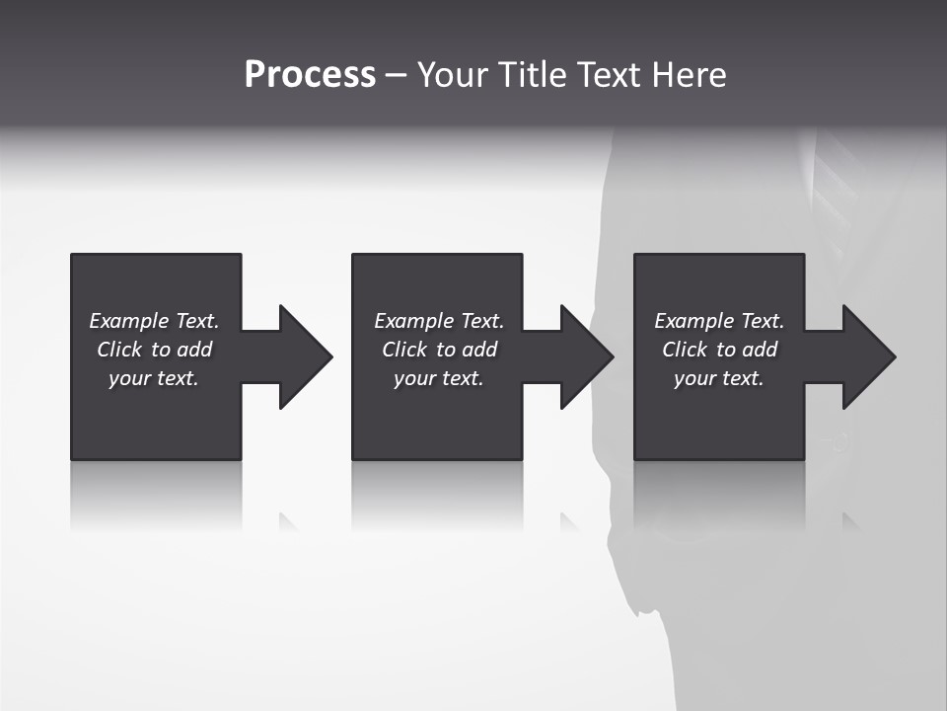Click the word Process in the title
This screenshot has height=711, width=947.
point(310,75)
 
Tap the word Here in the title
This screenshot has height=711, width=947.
point(690,75)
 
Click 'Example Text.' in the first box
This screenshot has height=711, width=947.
point(154,321)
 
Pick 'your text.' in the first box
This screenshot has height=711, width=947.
point(154,378)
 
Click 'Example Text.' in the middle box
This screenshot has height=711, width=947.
point(439,321)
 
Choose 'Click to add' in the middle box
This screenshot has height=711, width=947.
point(439,350)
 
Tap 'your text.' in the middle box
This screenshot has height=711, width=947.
point(439,378)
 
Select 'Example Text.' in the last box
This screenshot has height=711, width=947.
point(719,321)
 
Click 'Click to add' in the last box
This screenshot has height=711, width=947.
point(719,350)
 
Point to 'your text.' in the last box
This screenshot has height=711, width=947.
point(719,378)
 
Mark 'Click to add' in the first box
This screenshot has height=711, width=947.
point(154,350)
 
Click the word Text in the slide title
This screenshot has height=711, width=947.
point(610,75)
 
